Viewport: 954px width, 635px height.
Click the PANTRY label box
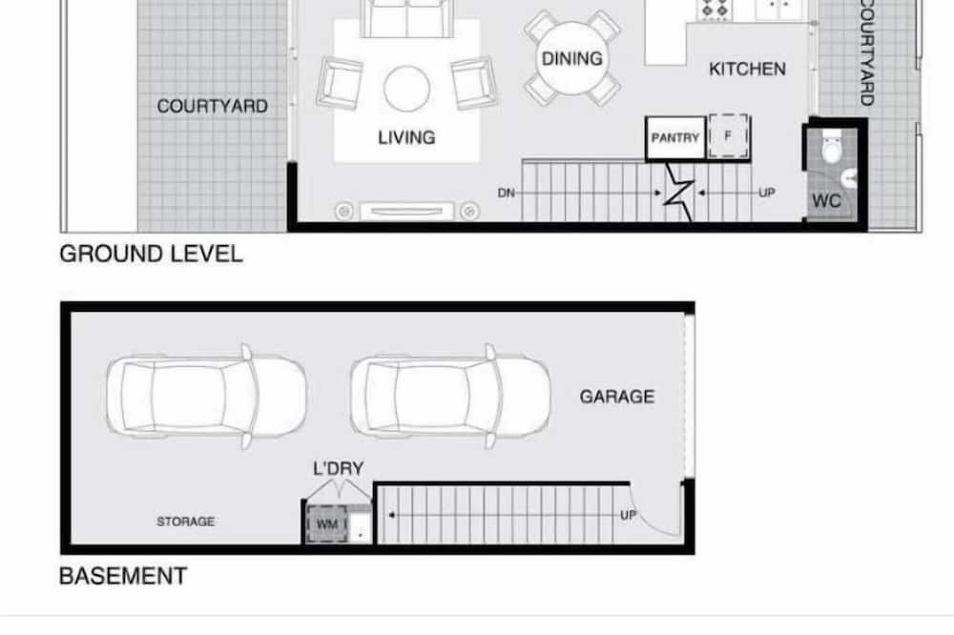coord(675,138)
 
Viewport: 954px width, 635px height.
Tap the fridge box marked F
coord(728,136)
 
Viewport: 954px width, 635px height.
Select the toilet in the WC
coord(831,148)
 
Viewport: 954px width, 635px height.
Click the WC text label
coord(826,201)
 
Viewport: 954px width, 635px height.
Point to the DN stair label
coord(507,194)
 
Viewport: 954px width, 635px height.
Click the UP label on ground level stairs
coord(767,193)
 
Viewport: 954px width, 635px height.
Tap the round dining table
coord(571,58)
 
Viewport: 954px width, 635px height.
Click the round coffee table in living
coord(407,89)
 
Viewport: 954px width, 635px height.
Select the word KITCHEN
coord(747,70)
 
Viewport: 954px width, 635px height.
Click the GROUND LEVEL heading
coord(151,254)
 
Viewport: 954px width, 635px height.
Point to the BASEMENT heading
coord(123,576)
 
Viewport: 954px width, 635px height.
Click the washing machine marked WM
coord(327,523)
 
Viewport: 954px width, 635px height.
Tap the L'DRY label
coord(339,468)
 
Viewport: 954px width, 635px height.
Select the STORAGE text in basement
coord(186,522)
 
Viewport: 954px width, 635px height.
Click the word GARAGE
coord(617,397)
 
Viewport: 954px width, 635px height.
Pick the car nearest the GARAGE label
coord(450,397)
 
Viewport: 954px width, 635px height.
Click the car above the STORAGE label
coord(207,397)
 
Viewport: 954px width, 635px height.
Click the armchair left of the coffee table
coord(340,83)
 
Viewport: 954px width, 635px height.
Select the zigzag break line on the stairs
coord(678,192)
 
